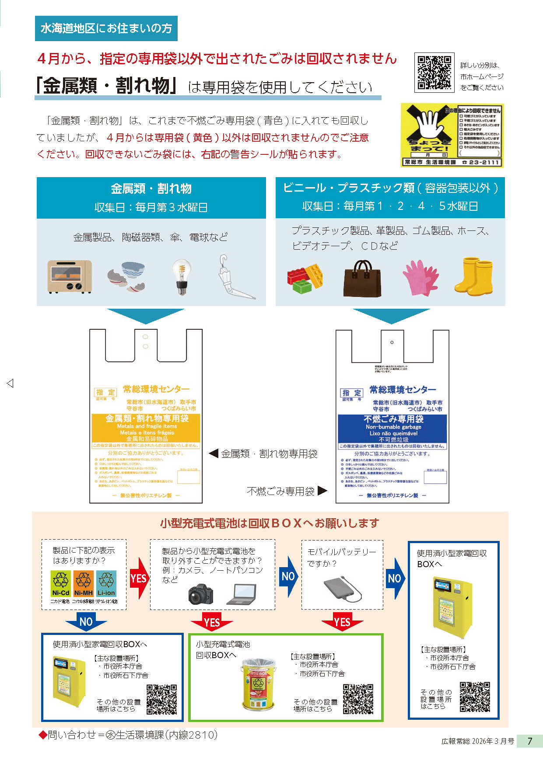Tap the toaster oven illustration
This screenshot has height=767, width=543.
70,276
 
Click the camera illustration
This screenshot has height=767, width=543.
201,594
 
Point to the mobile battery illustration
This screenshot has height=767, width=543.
343,589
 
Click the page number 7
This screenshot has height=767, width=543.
529,741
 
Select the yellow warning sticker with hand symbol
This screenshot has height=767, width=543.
452,135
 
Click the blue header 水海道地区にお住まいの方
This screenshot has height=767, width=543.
106,28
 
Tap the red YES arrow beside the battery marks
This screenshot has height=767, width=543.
139,578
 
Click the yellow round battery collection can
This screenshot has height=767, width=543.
259,684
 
